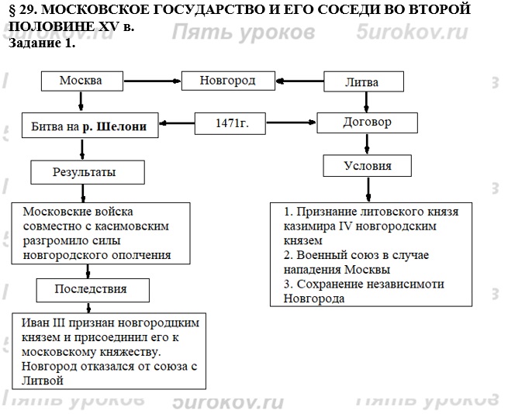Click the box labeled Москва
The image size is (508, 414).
click(x=81, y=81)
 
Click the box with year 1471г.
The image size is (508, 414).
click(x=231, y=123)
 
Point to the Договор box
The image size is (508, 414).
click(x=367, y=122)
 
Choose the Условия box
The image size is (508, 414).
click(x=367, y=166)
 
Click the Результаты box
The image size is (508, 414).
click(x=78, y=171)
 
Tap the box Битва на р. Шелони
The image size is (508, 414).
click(x=89, y=124)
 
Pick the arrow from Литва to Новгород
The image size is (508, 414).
click(x=299, y=80)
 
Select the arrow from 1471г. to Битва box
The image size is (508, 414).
click(x=176, y=122)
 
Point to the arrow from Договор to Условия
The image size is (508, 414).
click(x=367, y=144)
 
